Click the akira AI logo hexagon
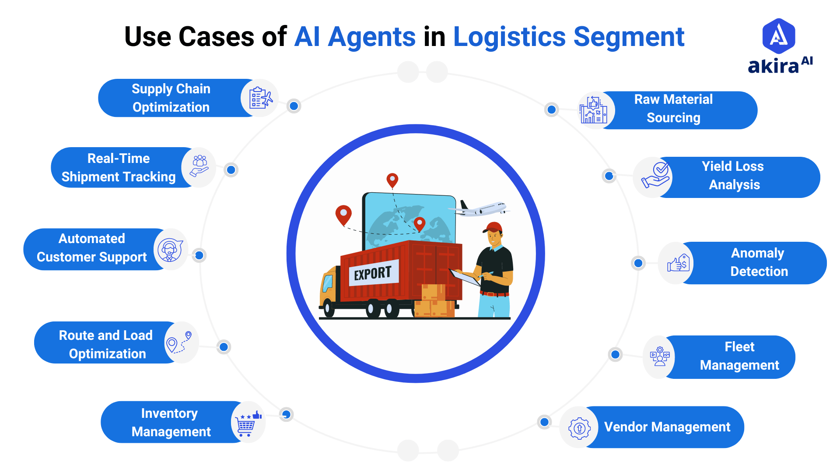(x=778, y=36)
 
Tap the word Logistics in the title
(x=509, y=37)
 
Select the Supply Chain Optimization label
(x=171, y=98)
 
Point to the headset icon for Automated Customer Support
(x=170, y=250)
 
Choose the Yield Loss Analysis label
(x=734, y=176)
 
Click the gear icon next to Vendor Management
(x=579, y=428)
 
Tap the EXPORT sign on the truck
(x=373, y=274)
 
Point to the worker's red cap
(x=494, y=227)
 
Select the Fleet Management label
(x=739, y=356)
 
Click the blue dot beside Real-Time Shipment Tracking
(x=231, y=170)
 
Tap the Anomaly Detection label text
(x=758, y=262)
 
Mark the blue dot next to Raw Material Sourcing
(x=552, y=109)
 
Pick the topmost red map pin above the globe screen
(x=392, y=180)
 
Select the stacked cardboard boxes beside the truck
(x=434, y=302)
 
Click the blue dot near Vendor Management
(x=544, y=422)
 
